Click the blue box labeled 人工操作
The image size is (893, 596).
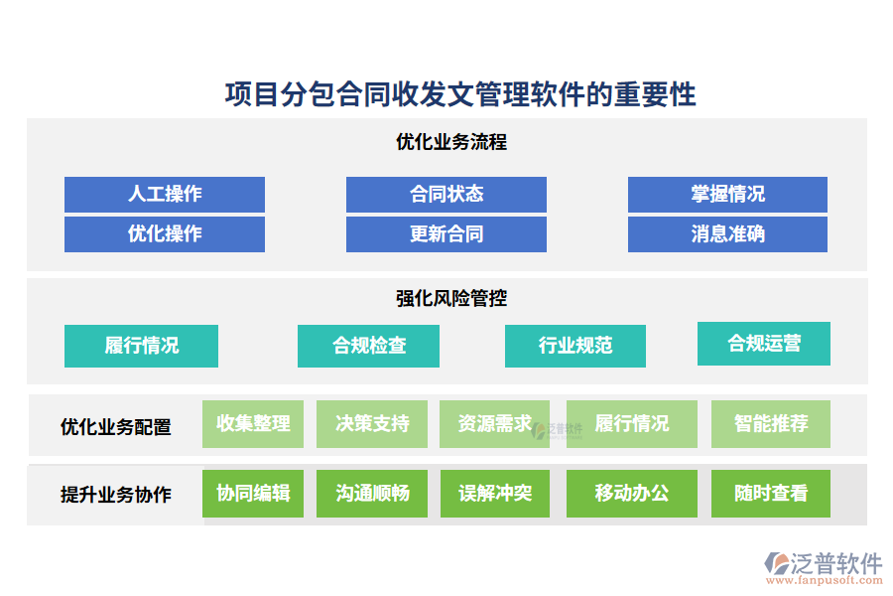tap(165, 194)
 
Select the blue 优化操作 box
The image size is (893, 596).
tap(165, 234)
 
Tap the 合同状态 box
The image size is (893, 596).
tap(446, 194)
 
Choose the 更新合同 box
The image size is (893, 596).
tap(446, 234)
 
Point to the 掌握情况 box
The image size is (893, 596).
tap(727, 194)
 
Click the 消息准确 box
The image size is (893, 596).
tap(727, 234)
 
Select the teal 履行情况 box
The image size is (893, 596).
tap(141, 346)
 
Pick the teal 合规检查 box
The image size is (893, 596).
tap(369, 346)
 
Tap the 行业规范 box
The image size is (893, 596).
tap(575, 346)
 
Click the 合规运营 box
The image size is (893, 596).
tap(764, 344)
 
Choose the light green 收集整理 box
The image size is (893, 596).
tap(253, 424)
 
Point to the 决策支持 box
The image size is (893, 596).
tap(372, 424)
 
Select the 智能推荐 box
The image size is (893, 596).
tap(771, 424)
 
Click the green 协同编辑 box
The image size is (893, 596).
tap(253, 494)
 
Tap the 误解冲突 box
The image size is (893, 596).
tap(495, 494)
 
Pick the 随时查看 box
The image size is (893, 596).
tap(771, 494)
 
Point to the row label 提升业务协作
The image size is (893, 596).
tap(116, 495)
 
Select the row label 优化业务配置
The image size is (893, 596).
tap(116, 427)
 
